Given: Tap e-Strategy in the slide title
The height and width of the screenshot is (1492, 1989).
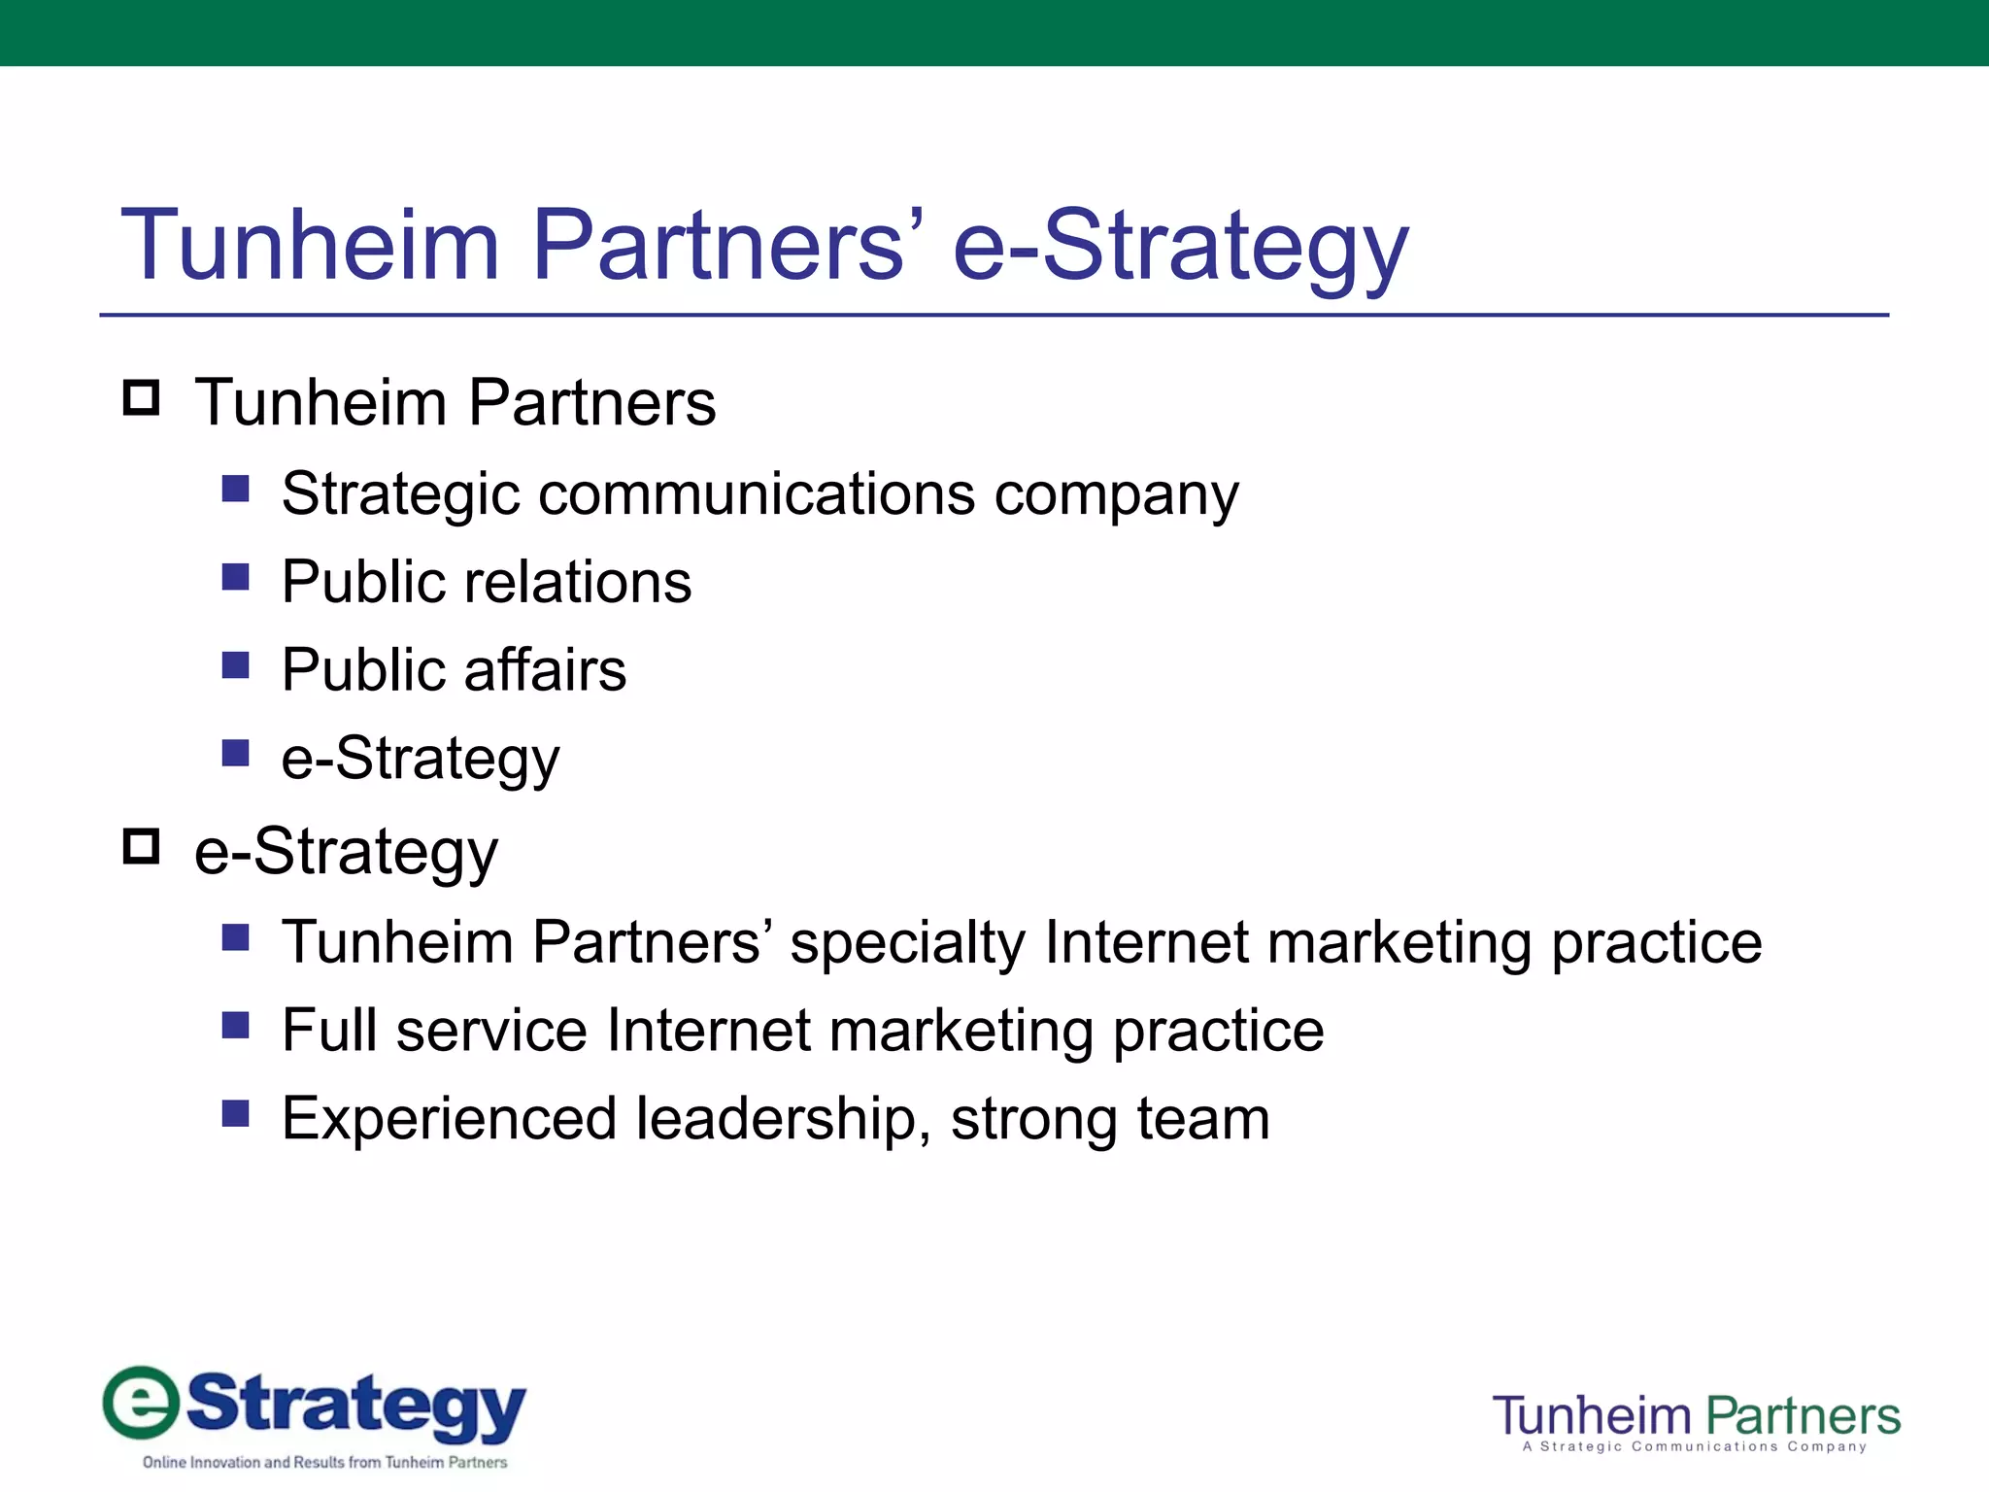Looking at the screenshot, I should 1179,247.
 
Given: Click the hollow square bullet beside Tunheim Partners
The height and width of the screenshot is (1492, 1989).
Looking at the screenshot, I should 142,398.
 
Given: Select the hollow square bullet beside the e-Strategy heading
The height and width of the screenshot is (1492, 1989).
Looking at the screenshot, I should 142,846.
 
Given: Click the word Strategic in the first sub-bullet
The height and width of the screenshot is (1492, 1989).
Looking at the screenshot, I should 400,495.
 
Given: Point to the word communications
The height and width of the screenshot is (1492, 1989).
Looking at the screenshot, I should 756,493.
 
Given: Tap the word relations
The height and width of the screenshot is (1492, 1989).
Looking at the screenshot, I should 577,582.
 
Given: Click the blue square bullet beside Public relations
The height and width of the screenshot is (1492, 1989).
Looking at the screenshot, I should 235,577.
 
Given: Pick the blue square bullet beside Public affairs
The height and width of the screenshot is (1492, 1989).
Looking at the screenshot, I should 235,665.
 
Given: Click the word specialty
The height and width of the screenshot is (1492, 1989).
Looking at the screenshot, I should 907,943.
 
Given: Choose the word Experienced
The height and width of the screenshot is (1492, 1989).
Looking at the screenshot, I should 449,1119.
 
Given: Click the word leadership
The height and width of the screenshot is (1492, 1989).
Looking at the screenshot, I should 775,1119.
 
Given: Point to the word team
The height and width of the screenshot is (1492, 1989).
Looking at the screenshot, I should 1203,1119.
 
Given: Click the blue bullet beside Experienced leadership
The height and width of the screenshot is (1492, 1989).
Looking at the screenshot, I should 235,1113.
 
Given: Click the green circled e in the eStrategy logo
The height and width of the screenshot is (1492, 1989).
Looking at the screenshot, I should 142,1402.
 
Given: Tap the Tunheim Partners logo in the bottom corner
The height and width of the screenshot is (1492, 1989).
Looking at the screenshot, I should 1696,1421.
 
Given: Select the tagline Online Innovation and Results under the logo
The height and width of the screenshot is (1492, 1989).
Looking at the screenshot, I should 324,1462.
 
